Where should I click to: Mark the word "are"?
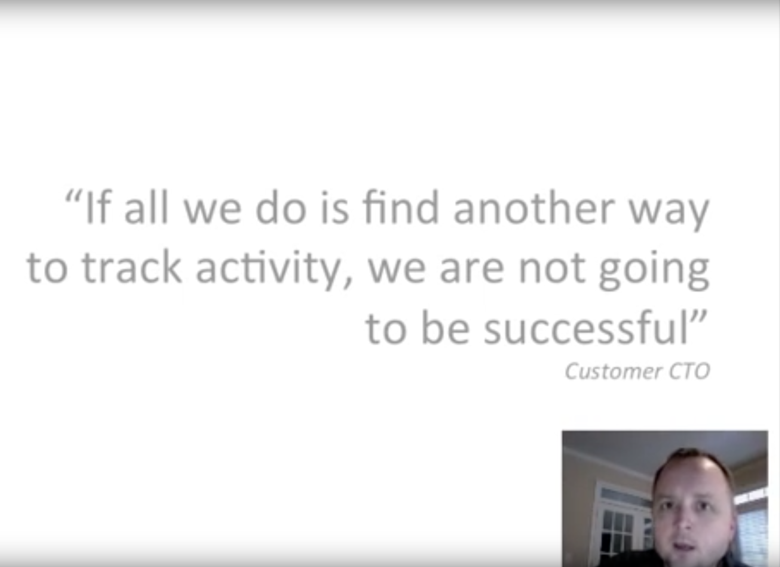(471, 272)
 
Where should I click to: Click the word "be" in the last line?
(445, 328)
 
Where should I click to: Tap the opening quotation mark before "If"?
(73, 196)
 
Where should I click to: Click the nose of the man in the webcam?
(684, 521)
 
